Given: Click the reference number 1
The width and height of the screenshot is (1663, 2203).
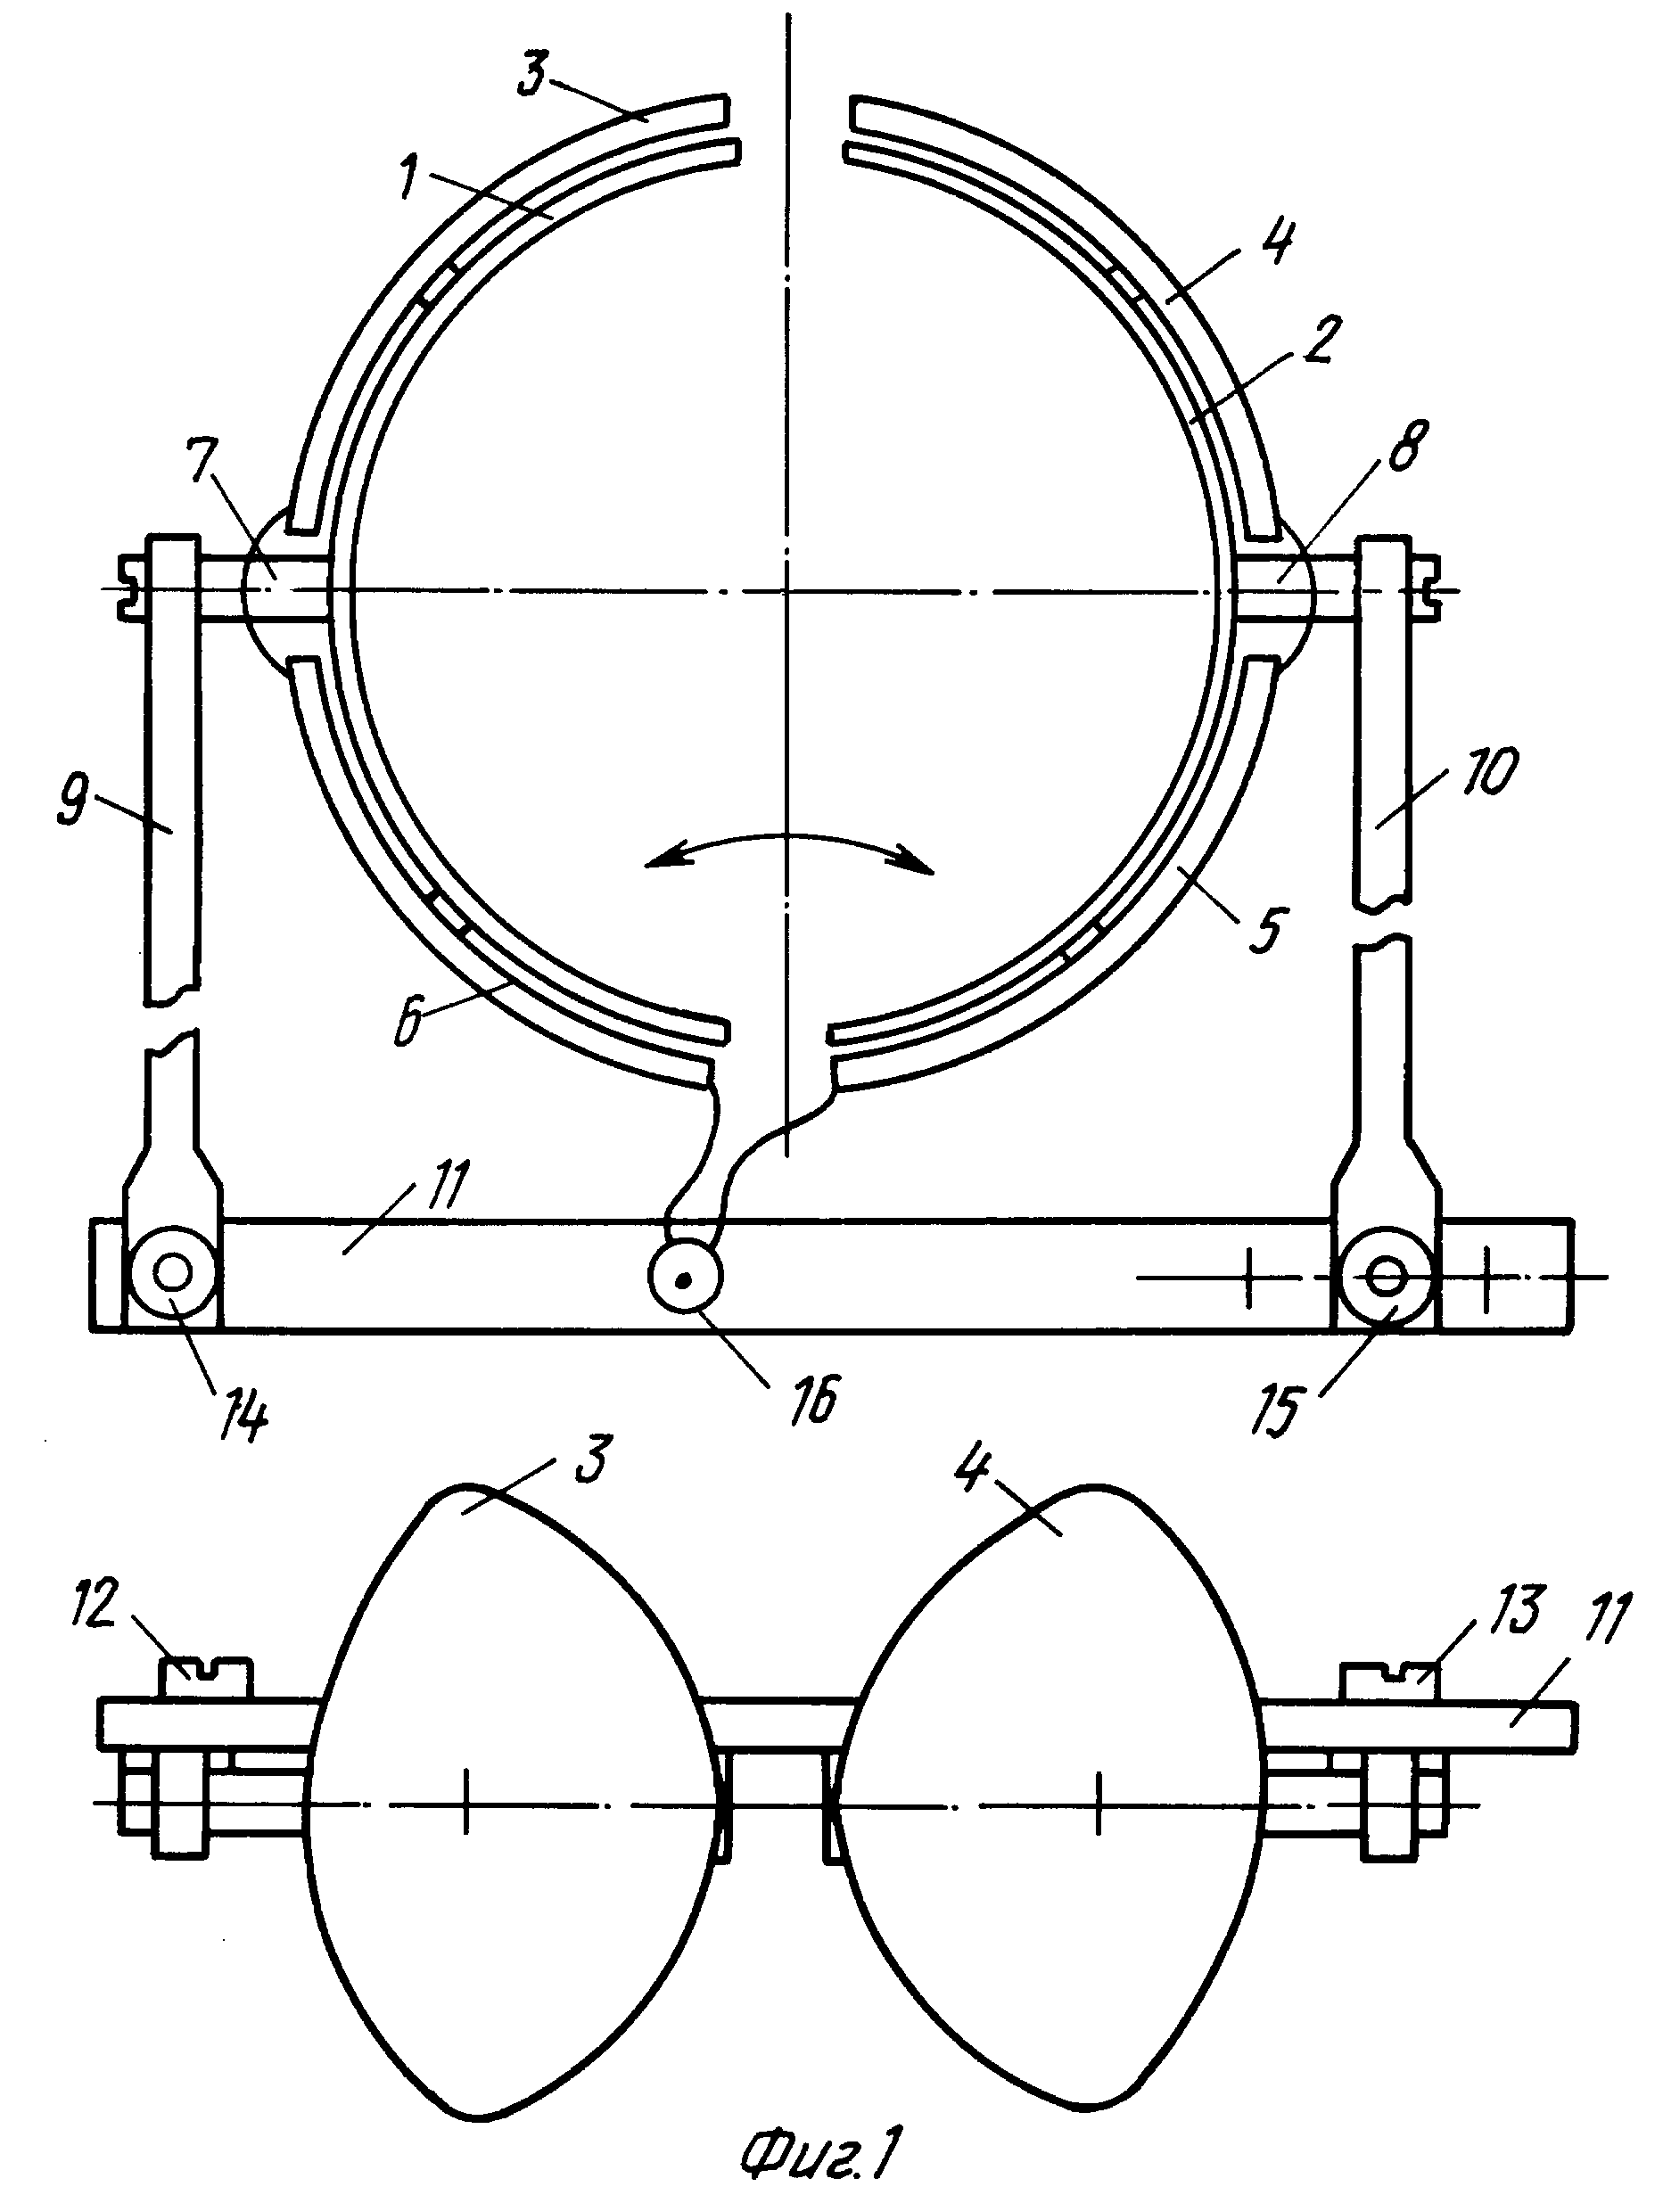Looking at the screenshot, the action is point(408,179).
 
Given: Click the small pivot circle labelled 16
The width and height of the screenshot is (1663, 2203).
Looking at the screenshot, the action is point(685,1277).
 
